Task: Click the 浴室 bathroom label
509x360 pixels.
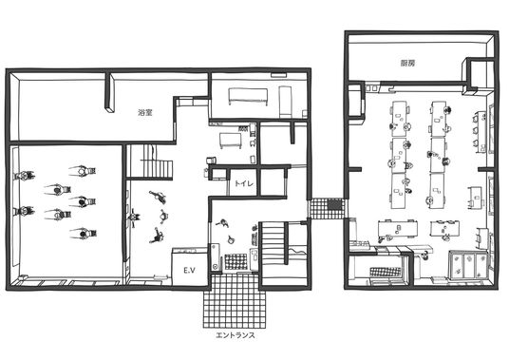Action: tap(145, 113)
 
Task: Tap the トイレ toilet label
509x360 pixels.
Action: tap(244, 183)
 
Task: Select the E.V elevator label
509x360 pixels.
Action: tap(189, 270)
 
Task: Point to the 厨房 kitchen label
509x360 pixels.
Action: tap(407, 64)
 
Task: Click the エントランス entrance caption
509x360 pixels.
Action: tap(236, 335)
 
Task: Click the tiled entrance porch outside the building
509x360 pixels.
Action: tap(235, 301)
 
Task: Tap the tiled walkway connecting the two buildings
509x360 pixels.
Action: tap(327, 209)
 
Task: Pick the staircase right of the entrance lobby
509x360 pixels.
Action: tap(273, 243)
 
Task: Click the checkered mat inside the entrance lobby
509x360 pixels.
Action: tap(236, 262)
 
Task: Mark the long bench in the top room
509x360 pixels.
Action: tap(248, 96)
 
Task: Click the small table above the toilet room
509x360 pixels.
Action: tap(230, 141)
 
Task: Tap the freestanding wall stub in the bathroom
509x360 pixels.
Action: tap(110, 92)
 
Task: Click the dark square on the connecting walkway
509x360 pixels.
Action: tap(334, 204)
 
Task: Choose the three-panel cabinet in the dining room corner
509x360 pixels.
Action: tap(468, 264)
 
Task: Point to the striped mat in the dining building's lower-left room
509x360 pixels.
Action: tap(386, 272)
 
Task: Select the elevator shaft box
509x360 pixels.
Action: tap(190, 267)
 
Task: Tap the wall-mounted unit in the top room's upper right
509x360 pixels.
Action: tap(279, 75)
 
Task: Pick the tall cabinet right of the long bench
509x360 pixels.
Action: tap(285, 102)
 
